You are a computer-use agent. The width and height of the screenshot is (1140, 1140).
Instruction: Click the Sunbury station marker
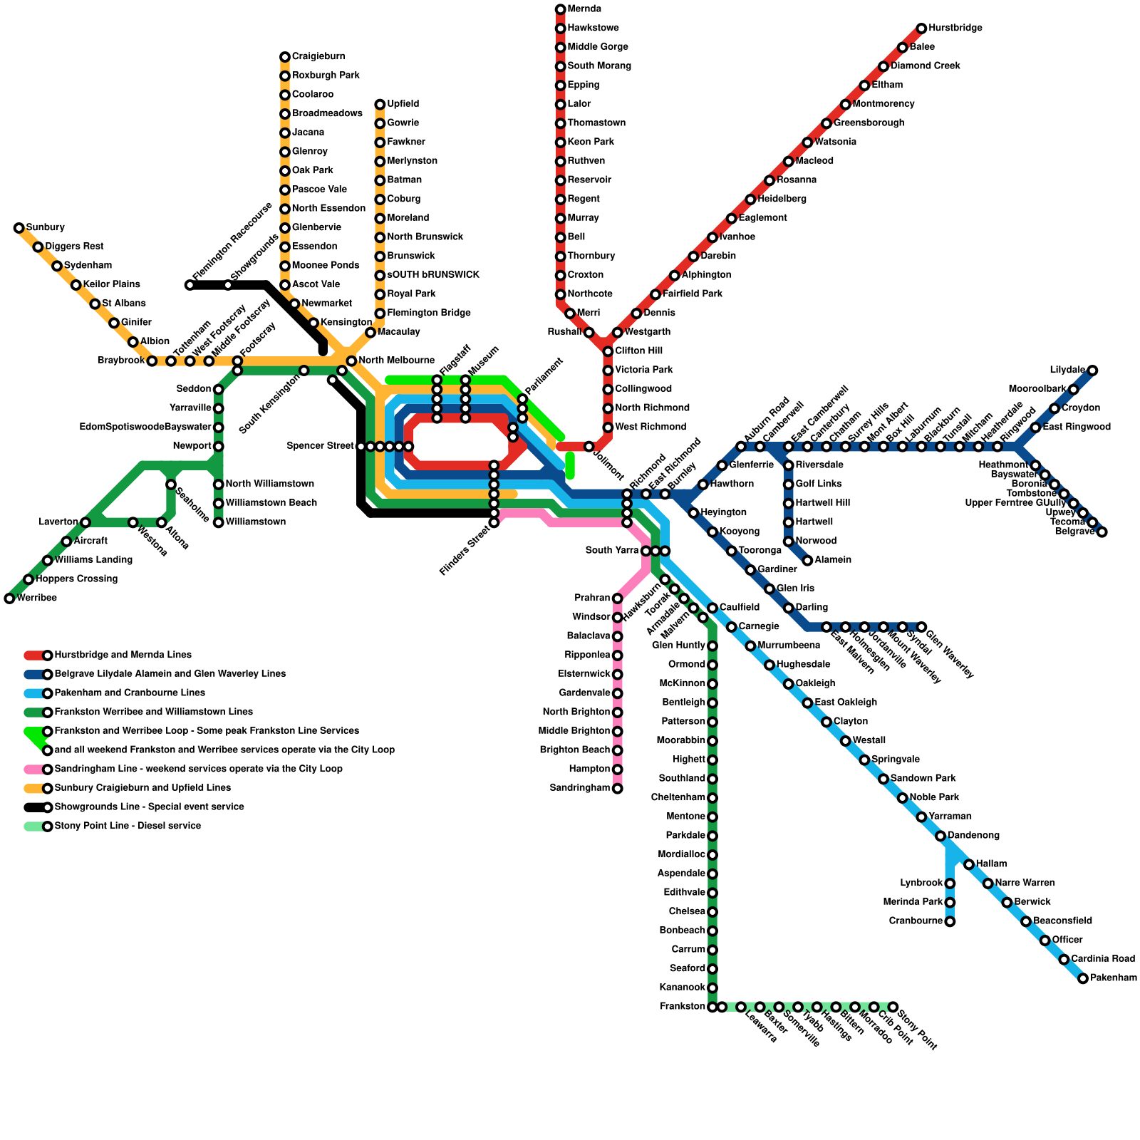[19, 228]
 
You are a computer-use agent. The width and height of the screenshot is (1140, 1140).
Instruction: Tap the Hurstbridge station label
[955, 28]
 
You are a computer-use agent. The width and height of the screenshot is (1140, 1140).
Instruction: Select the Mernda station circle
[561, 9]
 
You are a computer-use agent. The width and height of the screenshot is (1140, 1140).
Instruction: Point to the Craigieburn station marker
[285, 57]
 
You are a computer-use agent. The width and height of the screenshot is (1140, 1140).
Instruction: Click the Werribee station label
[36, 598]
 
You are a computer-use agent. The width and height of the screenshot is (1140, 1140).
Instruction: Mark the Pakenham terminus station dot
[1083, 978]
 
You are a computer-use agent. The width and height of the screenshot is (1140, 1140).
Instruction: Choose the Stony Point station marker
[893, 1007]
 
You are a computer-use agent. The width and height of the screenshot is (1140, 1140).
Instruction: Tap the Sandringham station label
[580, 788]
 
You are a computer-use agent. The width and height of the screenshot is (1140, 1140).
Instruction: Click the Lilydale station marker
[1092, 370]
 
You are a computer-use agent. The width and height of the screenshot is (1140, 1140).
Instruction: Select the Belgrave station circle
[1102, 532]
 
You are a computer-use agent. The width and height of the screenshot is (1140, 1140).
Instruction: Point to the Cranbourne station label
[916, 921]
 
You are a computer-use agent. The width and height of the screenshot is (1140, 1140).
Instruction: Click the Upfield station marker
[380, 105]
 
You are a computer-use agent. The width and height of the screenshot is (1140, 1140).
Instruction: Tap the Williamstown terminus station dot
[219, 522]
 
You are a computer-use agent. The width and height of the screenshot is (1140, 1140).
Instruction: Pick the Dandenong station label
[973, 836]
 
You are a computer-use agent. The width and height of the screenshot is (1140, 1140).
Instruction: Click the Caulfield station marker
[712, 608]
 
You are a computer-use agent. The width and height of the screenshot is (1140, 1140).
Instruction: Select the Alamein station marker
[807, 560]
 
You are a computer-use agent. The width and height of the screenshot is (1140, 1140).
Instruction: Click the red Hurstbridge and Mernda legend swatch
[33, 655]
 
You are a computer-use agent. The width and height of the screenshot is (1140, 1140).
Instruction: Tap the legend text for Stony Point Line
[128, 826]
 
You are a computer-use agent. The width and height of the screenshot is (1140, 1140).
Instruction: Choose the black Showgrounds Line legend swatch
[33, 807]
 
